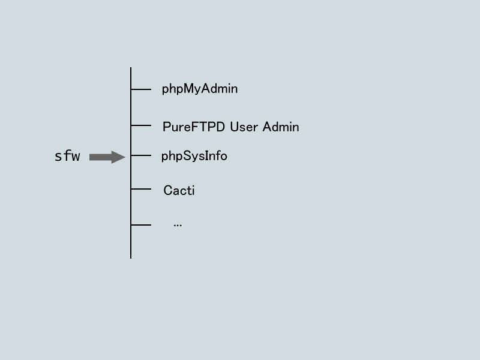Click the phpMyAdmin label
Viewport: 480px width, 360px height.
click(200, 89)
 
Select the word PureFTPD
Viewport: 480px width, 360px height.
click(194, 127)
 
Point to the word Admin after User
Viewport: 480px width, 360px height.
click(281, 127)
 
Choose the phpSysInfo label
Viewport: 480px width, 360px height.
click(194, 156)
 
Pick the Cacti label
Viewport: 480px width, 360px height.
click(179, 190)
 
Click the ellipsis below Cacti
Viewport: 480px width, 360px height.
click(178, 226)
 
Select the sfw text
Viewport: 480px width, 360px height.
click(67, 156)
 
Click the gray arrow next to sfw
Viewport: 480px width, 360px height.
click(107, 157)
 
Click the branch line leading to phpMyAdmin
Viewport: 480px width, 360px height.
click(141, 89)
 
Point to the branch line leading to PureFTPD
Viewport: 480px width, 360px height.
click(141, 125)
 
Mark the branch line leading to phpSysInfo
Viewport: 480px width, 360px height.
click(141, 155)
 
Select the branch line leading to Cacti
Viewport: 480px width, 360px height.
click(141, 189)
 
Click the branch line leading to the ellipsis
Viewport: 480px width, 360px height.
click(141, 225)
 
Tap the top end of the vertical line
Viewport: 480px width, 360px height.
click(131, 67)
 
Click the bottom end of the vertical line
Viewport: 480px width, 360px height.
click(131, 259)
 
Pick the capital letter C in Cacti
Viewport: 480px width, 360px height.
click(168, 190)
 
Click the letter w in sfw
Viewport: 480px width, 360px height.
click(76, 157)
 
